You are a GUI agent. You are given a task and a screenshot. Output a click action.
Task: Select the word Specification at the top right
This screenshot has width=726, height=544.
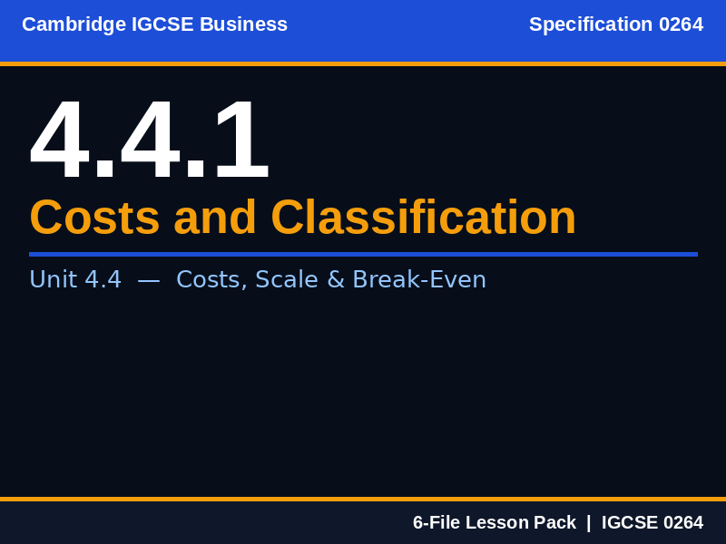(591, 24)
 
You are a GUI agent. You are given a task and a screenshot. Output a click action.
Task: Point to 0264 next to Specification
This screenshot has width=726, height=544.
(681, 24)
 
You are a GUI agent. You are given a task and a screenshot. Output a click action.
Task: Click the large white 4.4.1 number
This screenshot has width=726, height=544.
(150, 141)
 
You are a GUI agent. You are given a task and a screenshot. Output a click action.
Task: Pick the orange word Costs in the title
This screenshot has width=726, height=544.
(94, 218)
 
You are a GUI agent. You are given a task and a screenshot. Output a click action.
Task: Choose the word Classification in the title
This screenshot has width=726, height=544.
(423, 218)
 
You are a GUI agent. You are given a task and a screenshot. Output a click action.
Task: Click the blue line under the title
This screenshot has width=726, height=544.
(363, 254)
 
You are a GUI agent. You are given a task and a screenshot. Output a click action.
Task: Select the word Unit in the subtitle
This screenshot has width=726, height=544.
(53, 279)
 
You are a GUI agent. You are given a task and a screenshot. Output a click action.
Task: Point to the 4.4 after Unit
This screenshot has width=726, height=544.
(103, 279)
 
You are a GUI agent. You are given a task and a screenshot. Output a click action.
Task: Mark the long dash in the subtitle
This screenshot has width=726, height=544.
(149, 279)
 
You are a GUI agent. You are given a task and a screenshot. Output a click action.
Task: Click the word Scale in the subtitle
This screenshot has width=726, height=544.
(286, 279)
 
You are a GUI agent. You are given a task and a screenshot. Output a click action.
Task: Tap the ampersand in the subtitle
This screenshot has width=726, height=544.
(335, 279)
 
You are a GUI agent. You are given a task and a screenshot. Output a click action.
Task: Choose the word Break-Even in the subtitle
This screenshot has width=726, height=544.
(419, 279)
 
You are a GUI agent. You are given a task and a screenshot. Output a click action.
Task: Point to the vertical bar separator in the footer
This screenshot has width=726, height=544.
(588, 522)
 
